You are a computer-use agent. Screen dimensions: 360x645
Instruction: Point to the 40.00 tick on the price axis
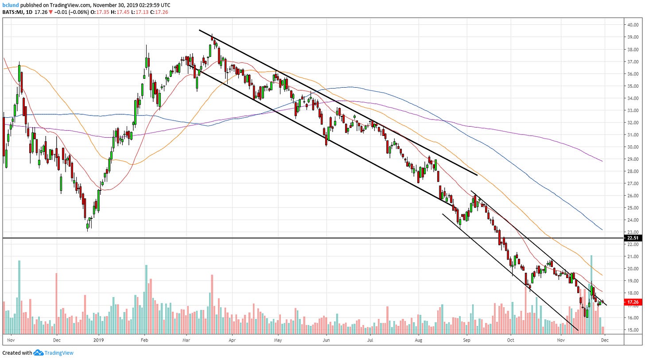pyautogui.click(x=631, y=25)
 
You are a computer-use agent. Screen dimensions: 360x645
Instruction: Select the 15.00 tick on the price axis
pyautogui.click(x=631, y=330)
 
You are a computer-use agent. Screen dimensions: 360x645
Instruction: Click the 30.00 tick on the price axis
pyautogui.click(x=631, y=147)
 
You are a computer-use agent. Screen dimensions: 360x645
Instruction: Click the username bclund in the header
pyautogui.click(x=11, y=5)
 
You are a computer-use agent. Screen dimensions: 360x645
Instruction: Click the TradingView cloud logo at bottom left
pyautogui.click(x=38, y=353)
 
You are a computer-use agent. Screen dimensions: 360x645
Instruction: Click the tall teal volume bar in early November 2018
pyautogui.click(x=19, y=297)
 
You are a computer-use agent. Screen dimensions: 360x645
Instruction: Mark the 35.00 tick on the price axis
pyautogui.click(x=631, y=86)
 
